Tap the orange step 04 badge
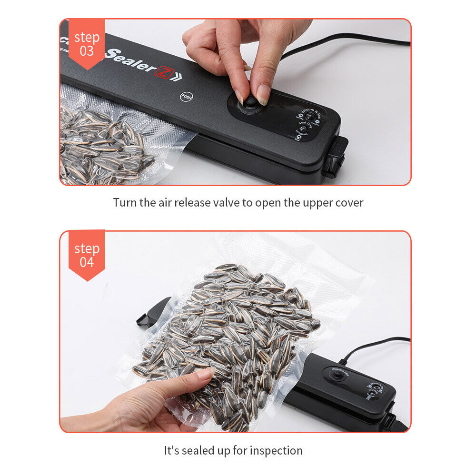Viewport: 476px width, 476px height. click(x=87, y=254)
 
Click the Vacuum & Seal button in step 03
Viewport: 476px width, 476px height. click(x=309, y=116)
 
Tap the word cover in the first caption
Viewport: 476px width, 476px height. click(x=348, y=202)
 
